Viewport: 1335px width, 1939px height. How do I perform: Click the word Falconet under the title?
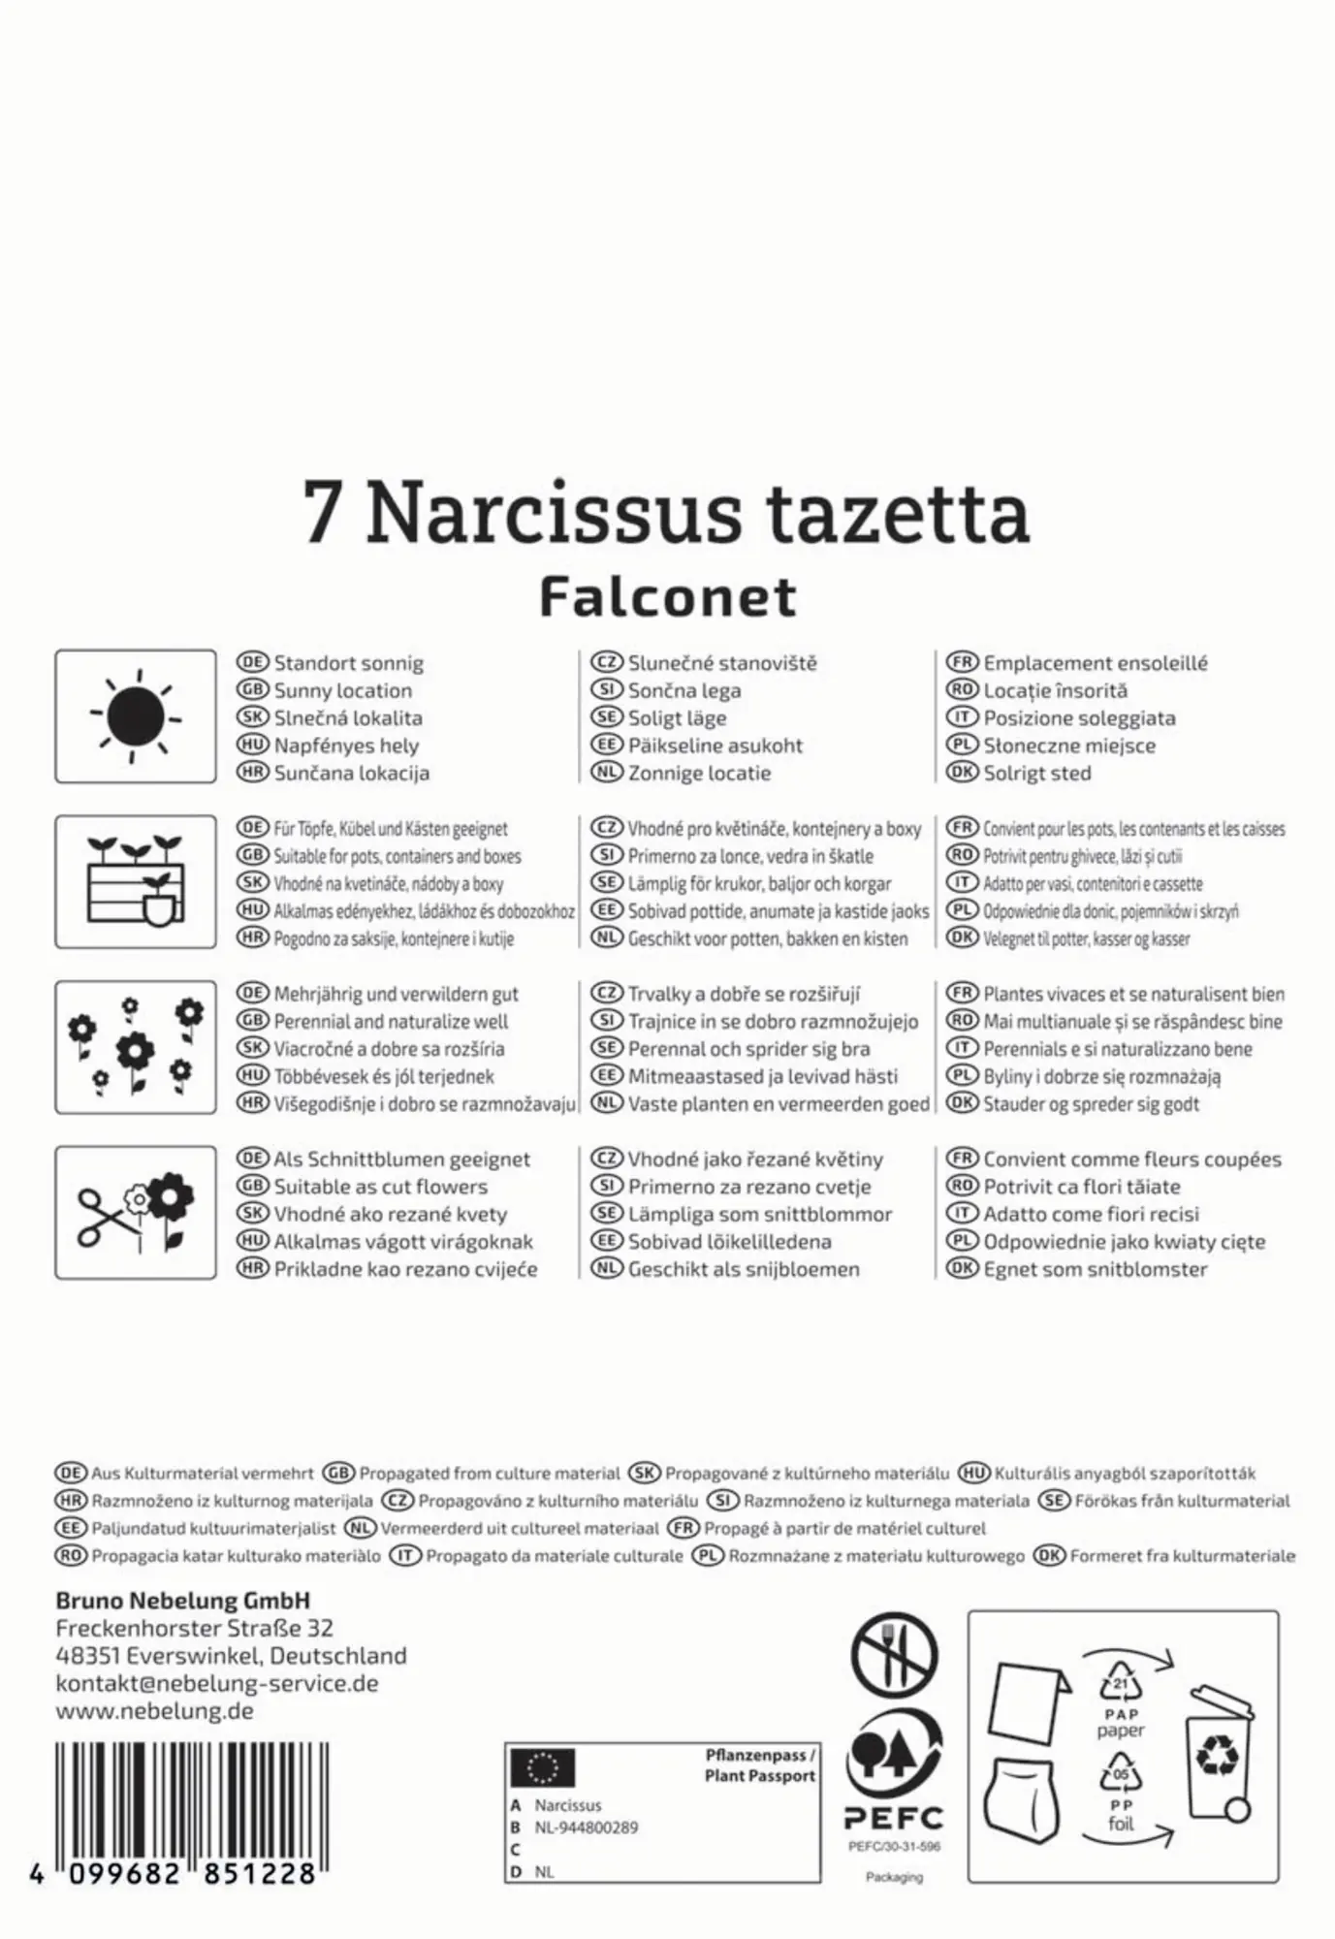668,597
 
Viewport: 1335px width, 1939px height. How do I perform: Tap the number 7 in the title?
322,514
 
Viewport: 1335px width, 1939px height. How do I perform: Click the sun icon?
136,716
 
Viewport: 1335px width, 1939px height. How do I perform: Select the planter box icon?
136,881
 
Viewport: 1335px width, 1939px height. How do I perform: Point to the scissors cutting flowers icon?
136,1212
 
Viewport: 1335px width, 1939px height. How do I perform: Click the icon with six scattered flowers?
136,1047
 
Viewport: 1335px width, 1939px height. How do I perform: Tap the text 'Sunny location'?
342,691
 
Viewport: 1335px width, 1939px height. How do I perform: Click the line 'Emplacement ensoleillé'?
1095,663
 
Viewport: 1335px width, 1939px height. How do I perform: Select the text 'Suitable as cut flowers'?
380,1187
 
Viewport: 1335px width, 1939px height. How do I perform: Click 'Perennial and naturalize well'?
391,1022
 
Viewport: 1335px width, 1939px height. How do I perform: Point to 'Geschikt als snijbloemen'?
744,1269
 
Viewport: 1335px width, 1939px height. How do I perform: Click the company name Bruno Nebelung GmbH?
183,1601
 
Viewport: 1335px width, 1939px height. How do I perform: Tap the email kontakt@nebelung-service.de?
217,1683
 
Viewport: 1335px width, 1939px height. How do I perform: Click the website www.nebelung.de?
155,1710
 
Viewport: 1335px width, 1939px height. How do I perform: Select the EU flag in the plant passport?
543,1768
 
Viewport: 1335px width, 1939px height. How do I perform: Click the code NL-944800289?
587,1828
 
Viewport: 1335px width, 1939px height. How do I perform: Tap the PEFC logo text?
893,1818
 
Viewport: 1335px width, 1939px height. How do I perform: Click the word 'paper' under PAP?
1121,1731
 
